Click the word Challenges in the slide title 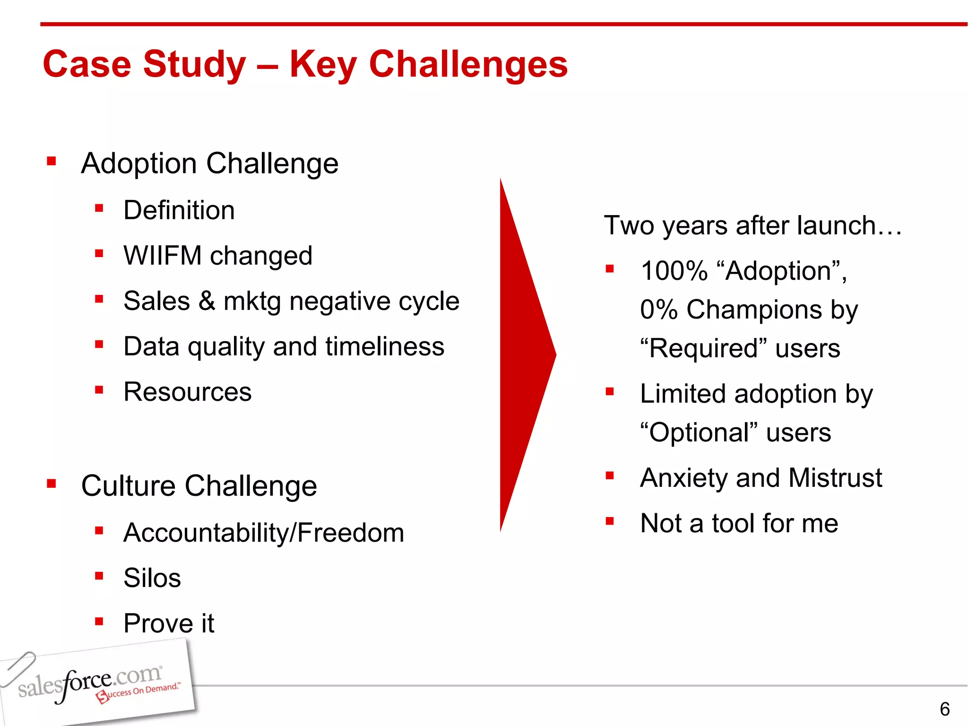[468, 65]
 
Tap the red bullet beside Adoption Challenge [52, 162]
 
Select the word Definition [179, 210]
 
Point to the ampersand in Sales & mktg [207, 301]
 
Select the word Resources [187, 392]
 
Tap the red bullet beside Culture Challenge [52, 484]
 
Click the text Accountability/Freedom [263, 533]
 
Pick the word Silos [152, 578]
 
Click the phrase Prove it [168, 623]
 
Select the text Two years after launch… [752, 225]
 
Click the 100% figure [674, 271]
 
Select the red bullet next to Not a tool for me [610, 521]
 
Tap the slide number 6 [944, 709]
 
